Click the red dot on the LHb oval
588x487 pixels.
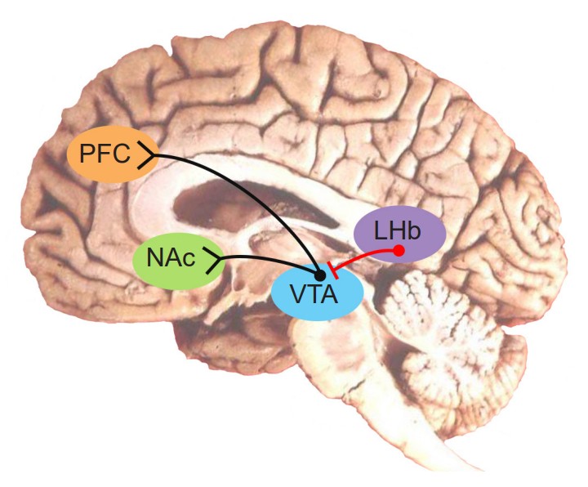399,250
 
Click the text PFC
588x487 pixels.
100,154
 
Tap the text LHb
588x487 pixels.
398,231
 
